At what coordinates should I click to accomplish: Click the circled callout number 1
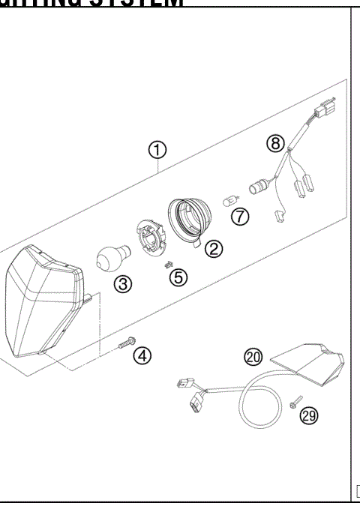coord(157,150)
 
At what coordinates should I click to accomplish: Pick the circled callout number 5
coord(178,277)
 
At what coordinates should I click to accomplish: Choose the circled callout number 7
coord(239,217)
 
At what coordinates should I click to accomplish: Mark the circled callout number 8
coord(276,141)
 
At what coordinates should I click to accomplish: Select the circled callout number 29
coord(307,415)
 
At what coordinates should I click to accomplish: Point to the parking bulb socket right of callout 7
coord(263,182)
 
